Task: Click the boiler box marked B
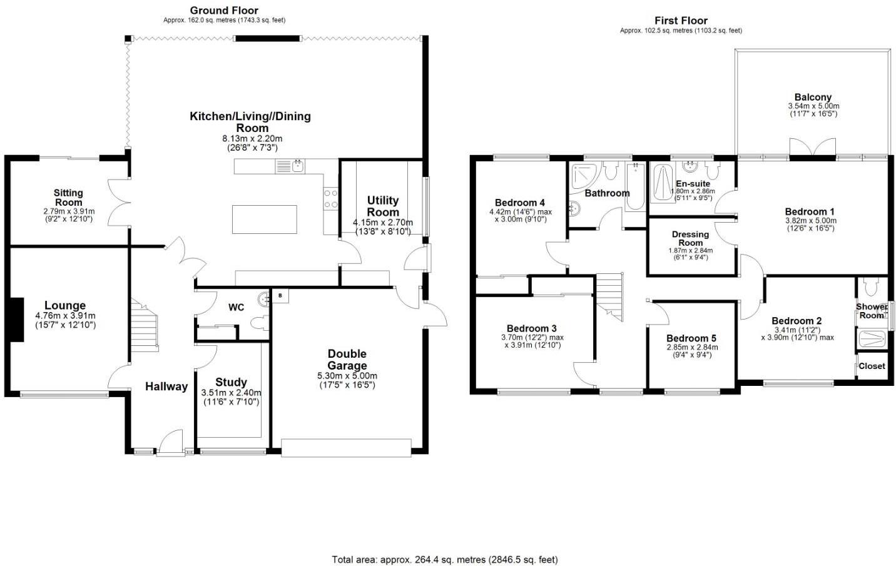(x=280, y=296)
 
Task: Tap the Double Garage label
(x=347, y=360)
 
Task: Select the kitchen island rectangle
(x=265, y=220)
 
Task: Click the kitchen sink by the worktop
(x=290, y=166)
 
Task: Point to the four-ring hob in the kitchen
(x=330, y=199)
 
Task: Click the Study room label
(x=232, y=382)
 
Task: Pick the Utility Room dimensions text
(x=383, y=226)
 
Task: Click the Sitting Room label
(x=68, y=198)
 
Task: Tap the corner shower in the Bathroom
(x=586, y=176)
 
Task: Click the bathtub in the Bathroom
(x=635, y=186)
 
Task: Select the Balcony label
(x=813, y=97)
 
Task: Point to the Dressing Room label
(x=690, y=239)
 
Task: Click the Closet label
(x=872, y=366)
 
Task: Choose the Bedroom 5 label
(x=691, y=338)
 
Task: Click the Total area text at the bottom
(x=445, y=560)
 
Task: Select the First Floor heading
(x=681, y=21)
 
